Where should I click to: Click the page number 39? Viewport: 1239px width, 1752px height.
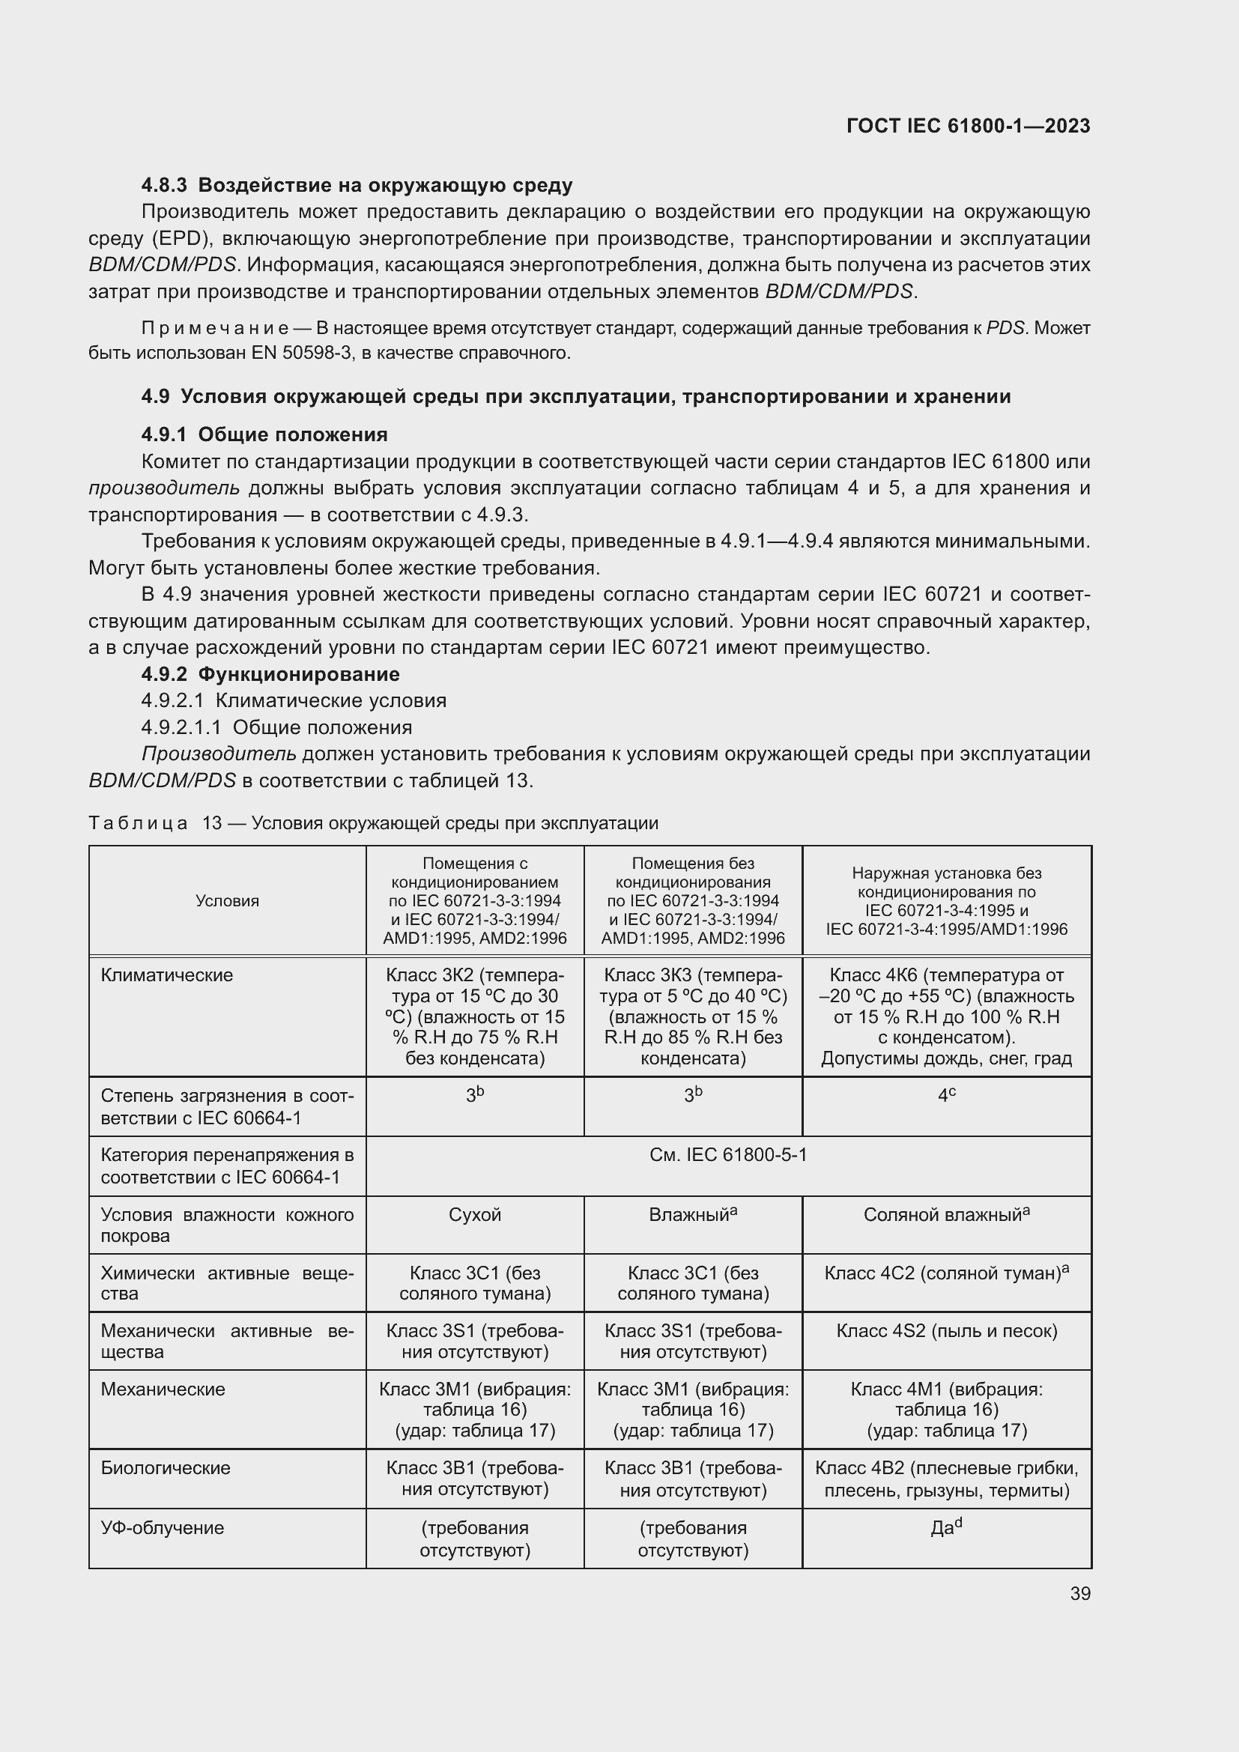tap(1079, 1593)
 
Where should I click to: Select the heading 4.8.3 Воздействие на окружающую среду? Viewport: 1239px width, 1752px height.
tap(357, 186)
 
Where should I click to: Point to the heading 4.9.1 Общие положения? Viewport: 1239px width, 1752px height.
tap(264, 435)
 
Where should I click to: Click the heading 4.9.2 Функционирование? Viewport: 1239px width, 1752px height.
tap(270, 675)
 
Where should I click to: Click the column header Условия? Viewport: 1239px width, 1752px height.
tap(228, 900)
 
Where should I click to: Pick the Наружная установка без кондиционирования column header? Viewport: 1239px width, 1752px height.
tap(946, 900)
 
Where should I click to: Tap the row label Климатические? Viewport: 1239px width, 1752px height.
tap(167, 975)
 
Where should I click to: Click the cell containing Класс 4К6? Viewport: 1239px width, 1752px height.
tap(946, 1016)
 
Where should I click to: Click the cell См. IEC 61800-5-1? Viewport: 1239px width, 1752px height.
tap(728, 1155)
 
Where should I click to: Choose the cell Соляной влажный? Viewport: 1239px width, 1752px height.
tap(946, 1215)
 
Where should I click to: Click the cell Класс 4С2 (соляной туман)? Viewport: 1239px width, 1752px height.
tap(946, 1273)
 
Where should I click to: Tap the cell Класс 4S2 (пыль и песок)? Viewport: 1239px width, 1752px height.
tap(946, 1332)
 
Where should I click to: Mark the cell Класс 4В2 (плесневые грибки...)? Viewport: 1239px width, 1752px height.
tap(946, 1479)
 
